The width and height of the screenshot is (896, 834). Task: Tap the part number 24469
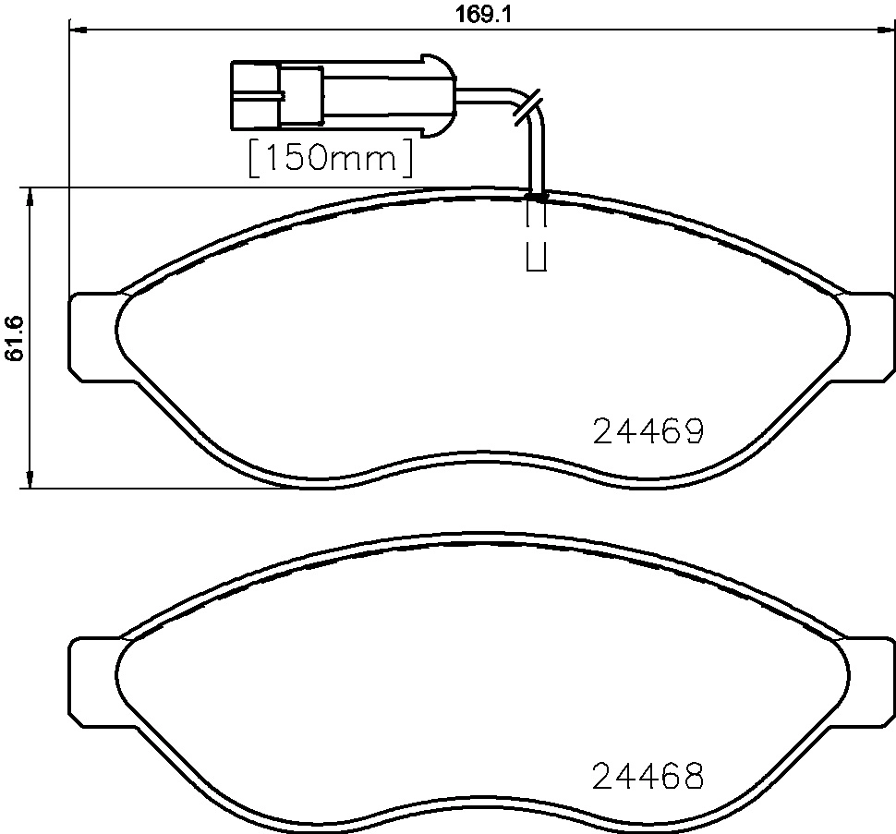648,431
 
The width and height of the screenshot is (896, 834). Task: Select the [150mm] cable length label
330,158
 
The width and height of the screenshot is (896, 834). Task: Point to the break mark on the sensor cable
527,105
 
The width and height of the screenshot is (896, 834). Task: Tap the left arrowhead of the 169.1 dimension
78,30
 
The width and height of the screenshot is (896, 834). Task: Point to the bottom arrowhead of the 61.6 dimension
31,479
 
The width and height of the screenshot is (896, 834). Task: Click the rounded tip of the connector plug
444,95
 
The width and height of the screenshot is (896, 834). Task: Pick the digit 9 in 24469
693,431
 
